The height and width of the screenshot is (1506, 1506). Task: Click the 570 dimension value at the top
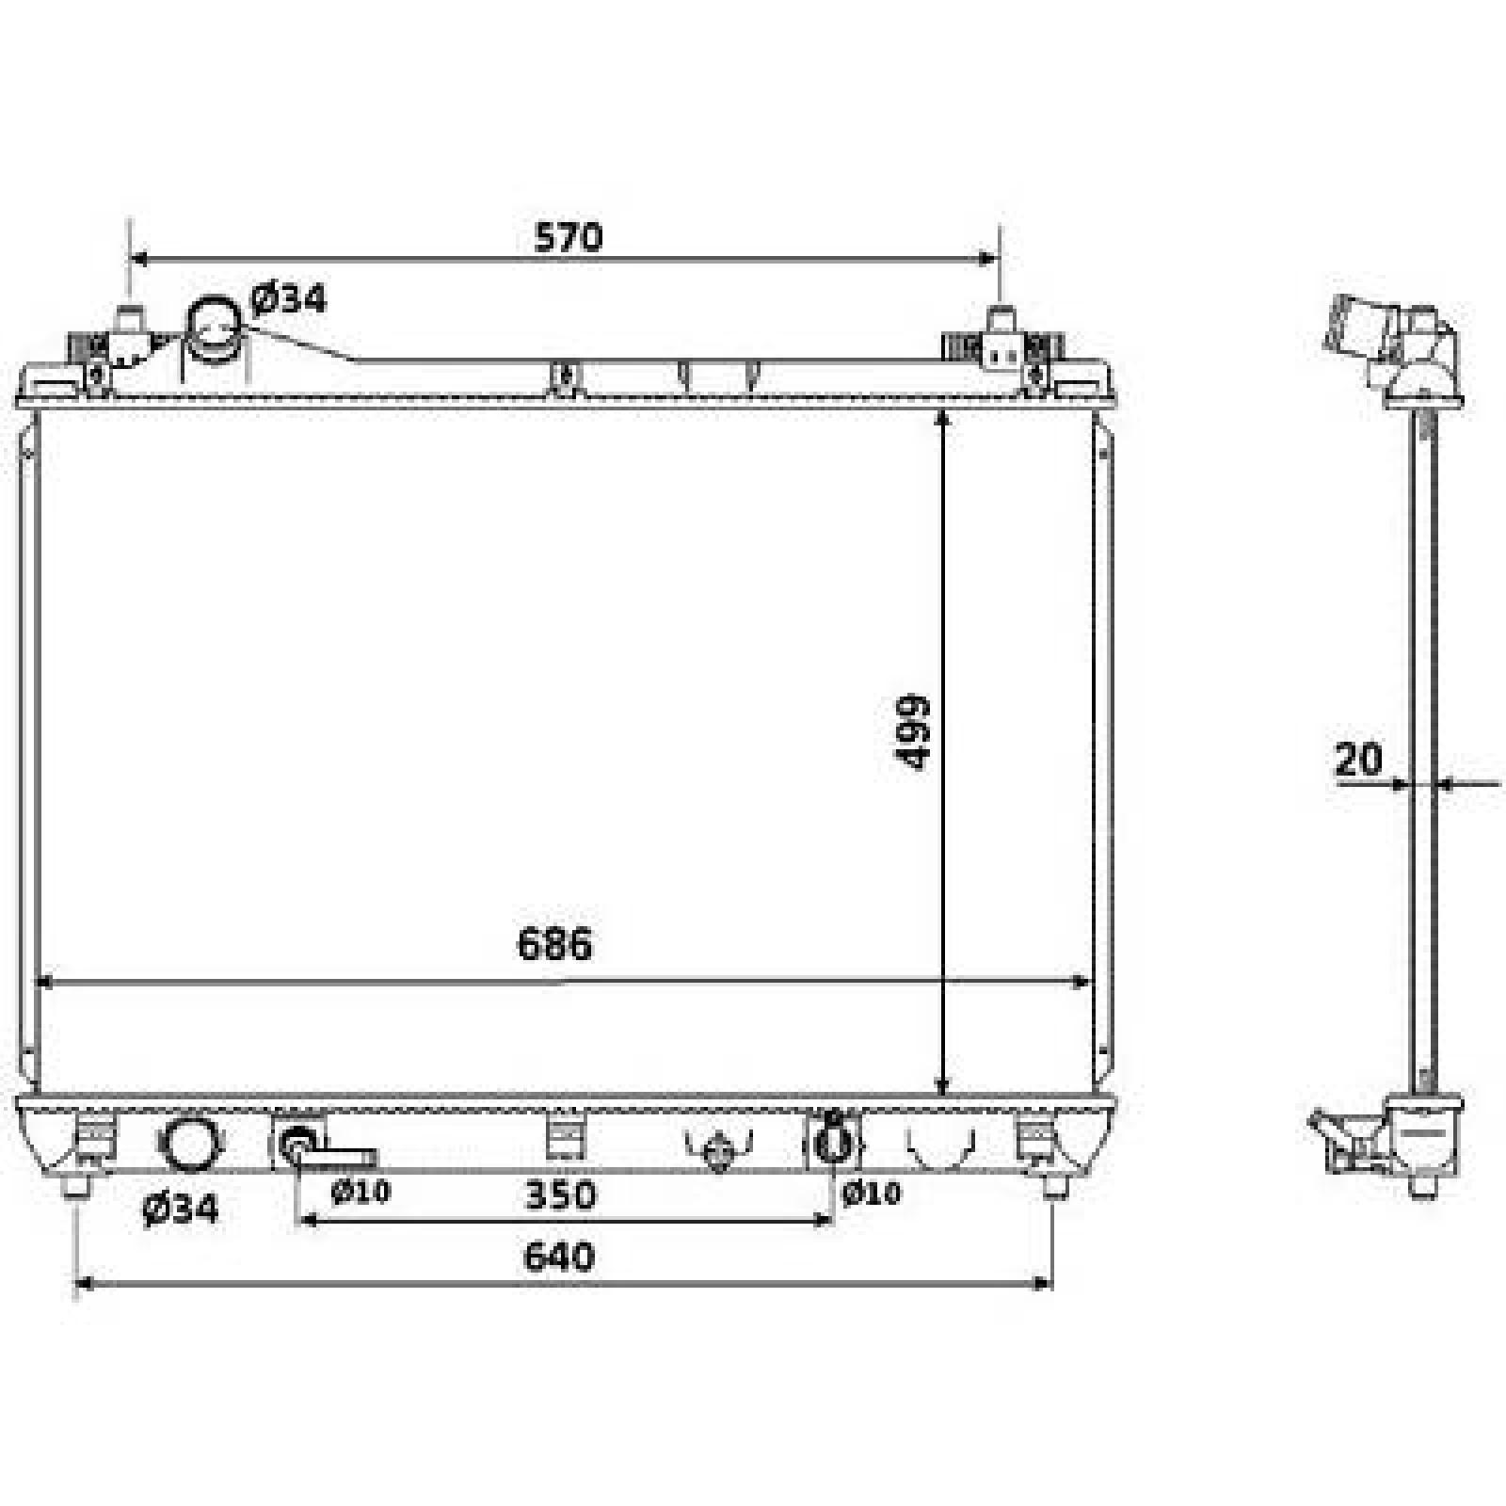(x=568, y=237)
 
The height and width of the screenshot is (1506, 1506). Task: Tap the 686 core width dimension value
(x=555, y=943)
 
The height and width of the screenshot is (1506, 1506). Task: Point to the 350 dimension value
(x=561, y=1195)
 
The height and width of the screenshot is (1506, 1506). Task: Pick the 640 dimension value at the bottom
(x=559, y=1258)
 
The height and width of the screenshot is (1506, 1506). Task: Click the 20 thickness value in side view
(x=1359, y=759)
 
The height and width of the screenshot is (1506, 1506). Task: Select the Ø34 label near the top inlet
(x=288, y=298)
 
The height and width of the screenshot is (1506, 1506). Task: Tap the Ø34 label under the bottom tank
(x=180, y=1209)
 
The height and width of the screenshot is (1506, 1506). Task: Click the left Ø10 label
(x=360, y=1192)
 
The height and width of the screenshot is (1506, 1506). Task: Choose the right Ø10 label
(x=872, y=1194)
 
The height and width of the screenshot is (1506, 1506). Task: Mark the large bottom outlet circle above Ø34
(x=191, y=1143)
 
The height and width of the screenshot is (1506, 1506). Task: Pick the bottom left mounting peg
(x=76, y=1188)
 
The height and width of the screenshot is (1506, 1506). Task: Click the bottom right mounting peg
(x=1053, y=1188)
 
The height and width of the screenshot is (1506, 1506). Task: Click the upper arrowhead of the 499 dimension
(x=944, y=420)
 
